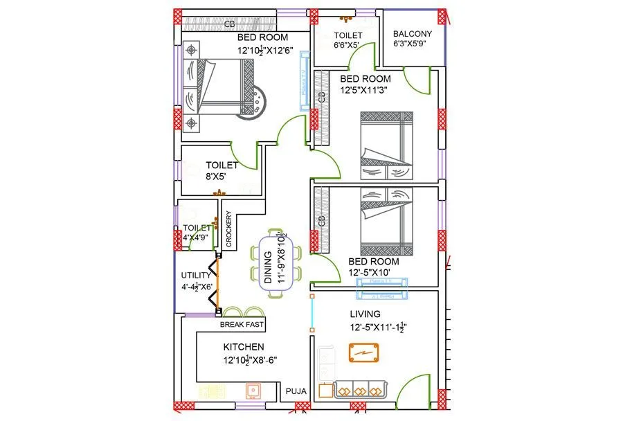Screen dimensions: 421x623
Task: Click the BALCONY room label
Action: (412, 33)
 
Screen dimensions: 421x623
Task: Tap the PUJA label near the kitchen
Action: (296, 392)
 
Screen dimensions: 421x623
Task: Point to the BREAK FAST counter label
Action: (242, 325)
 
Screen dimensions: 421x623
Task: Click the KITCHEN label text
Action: (243, 347)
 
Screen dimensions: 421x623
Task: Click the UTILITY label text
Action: (196, 275)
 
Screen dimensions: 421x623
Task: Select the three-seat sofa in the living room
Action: (360, 388)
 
